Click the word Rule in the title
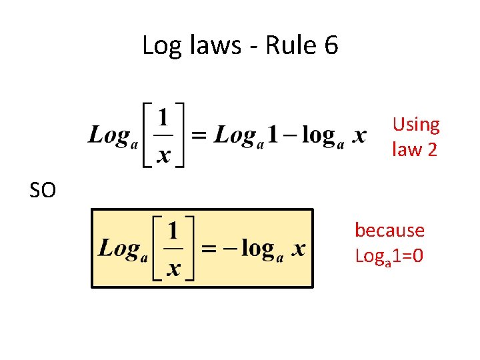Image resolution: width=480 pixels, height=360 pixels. click(290, 46)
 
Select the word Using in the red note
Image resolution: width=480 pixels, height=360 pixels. click(416, 125)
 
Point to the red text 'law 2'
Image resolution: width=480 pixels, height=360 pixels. click(415, 149)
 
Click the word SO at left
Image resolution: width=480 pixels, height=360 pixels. click(43, 191)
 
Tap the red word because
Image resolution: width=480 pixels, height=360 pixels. click(389, 231)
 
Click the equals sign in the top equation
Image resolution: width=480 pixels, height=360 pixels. click(199, 136)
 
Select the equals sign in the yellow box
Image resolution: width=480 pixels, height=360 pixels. click(209, 249)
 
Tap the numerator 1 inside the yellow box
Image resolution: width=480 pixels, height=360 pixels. click(173, 231)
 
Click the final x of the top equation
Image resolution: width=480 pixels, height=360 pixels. click(359, 136)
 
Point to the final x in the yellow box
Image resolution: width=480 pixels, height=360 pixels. click(299, 249)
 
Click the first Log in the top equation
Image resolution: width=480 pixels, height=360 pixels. click(108, 136)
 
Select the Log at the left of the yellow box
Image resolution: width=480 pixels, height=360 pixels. click(118, 249)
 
